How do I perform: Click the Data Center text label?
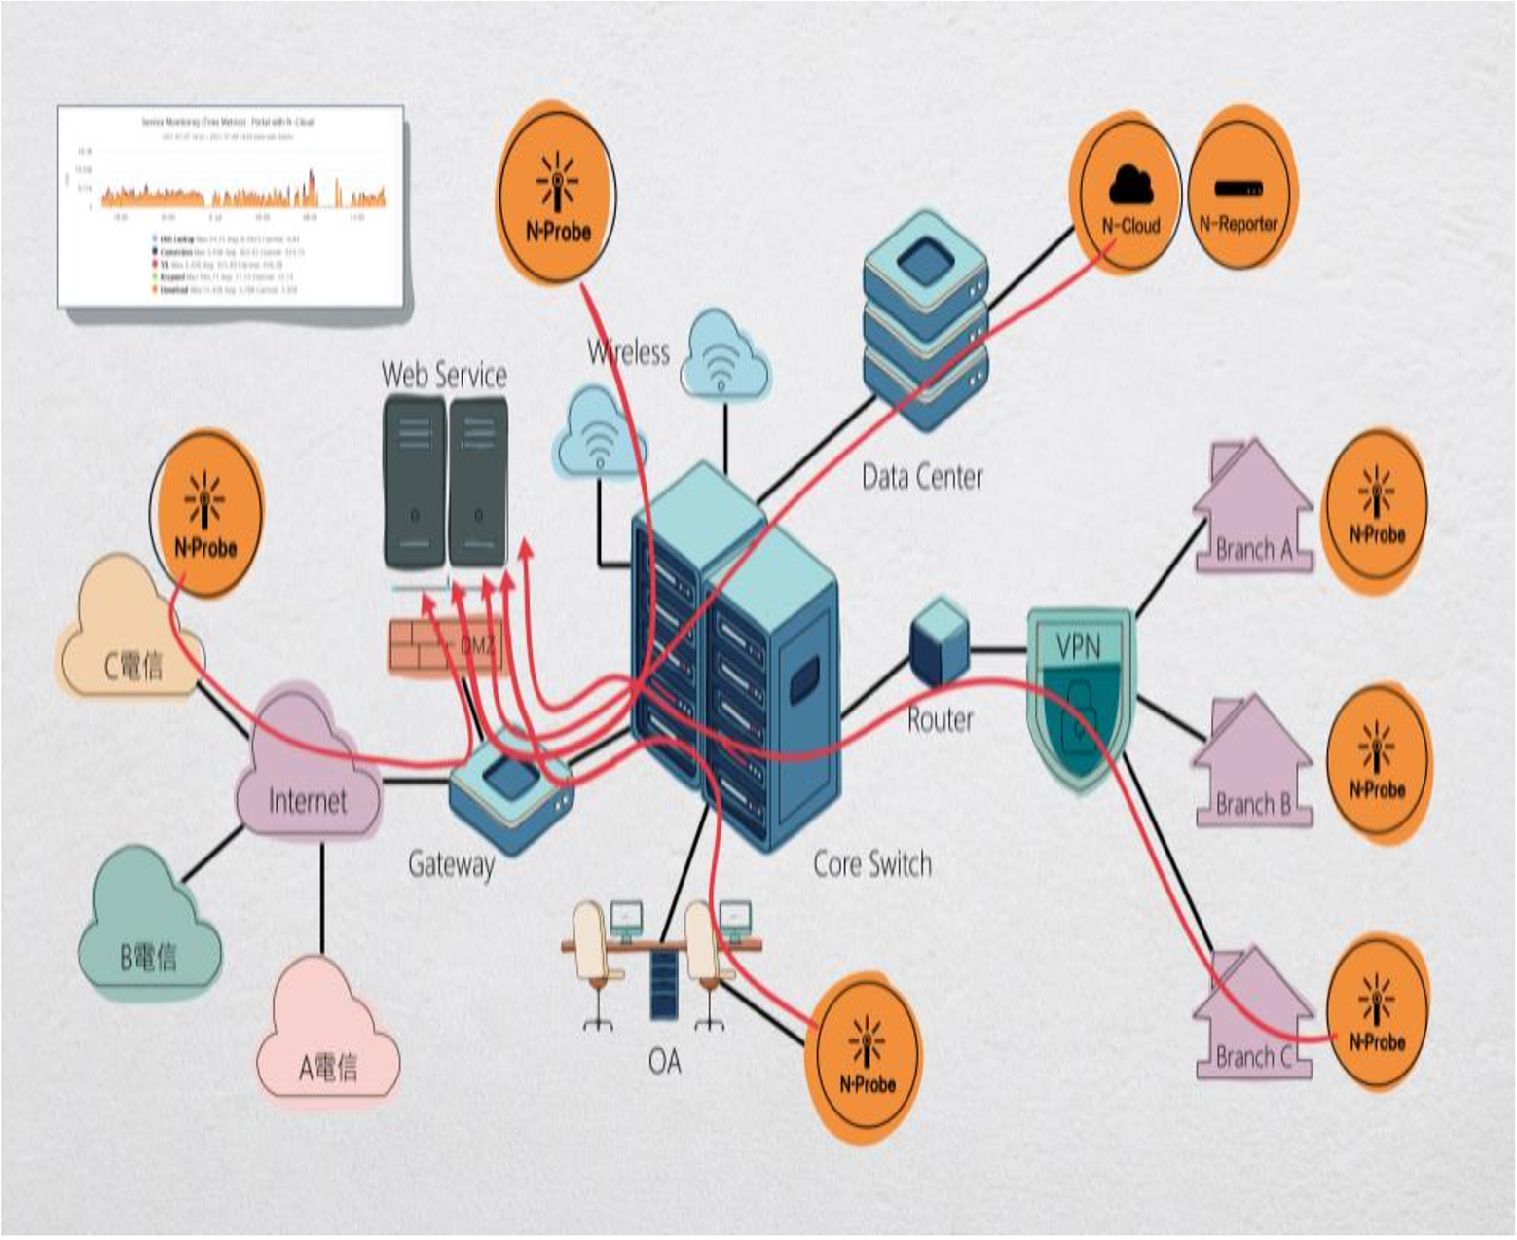tap(922, 477)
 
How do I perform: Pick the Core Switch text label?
tap(871, 863)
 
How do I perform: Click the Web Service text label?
tap(444, 375)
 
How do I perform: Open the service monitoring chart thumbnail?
tap(231, 206)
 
